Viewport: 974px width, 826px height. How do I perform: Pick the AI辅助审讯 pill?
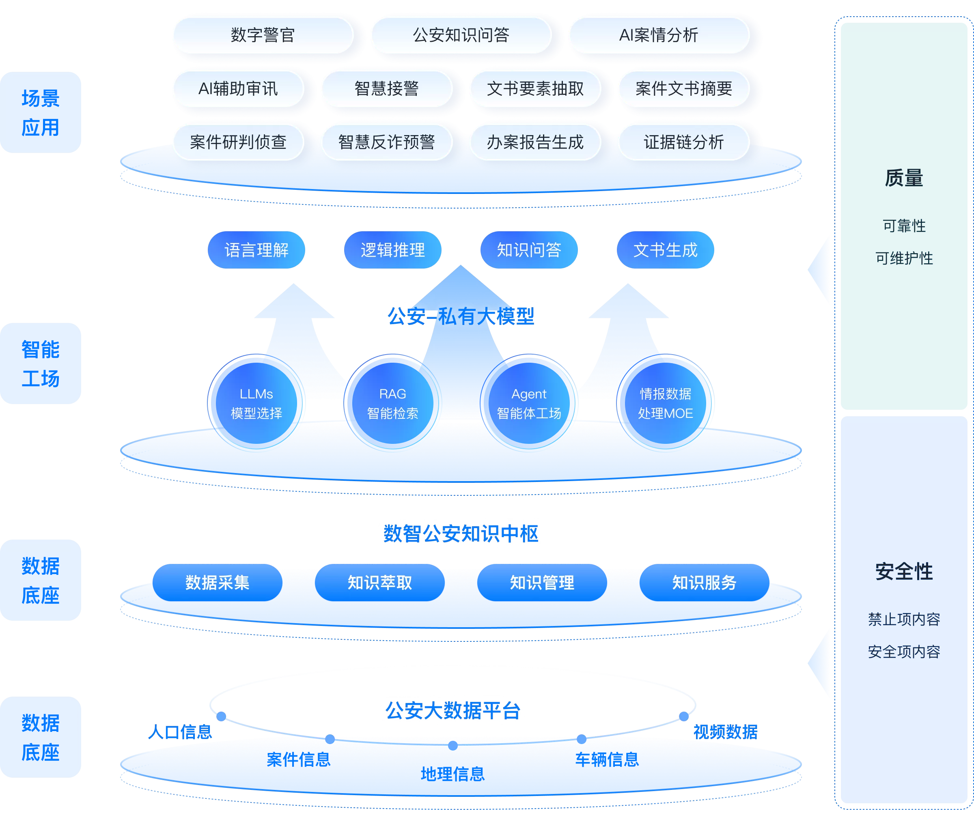[238, 88]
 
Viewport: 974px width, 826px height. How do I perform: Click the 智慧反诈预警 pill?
[386, 142]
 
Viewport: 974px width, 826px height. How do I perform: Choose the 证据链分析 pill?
[683, 142]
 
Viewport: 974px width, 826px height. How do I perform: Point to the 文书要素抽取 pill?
[535, 88]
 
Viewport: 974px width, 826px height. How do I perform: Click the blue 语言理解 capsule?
[256, 250]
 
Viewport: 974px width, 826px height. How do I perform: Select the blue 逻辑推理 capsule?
[392, 250]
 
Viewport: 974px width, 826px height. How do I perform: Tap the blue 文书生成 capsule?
[665, 250]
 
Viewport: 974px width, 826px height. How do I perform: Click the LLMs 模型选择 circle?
[256, 403]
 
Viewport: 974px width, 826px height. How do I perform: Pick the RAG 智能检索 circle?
[392, 403]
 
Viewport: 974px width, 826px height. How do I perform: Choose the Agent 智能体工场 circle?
[529, 403]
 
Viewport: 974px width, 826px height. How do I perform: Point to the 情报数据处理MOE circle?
[665, 403]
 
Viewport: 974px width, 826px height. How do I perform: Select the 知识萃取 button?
[379, 583]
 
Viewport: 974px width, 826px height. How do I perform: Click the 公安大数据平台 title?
[453, 710]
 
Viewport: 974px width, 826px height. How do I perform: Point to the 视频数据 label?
[725, 732]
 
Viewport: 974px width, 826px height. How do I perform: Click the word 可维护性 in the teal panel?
[904, 258]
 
